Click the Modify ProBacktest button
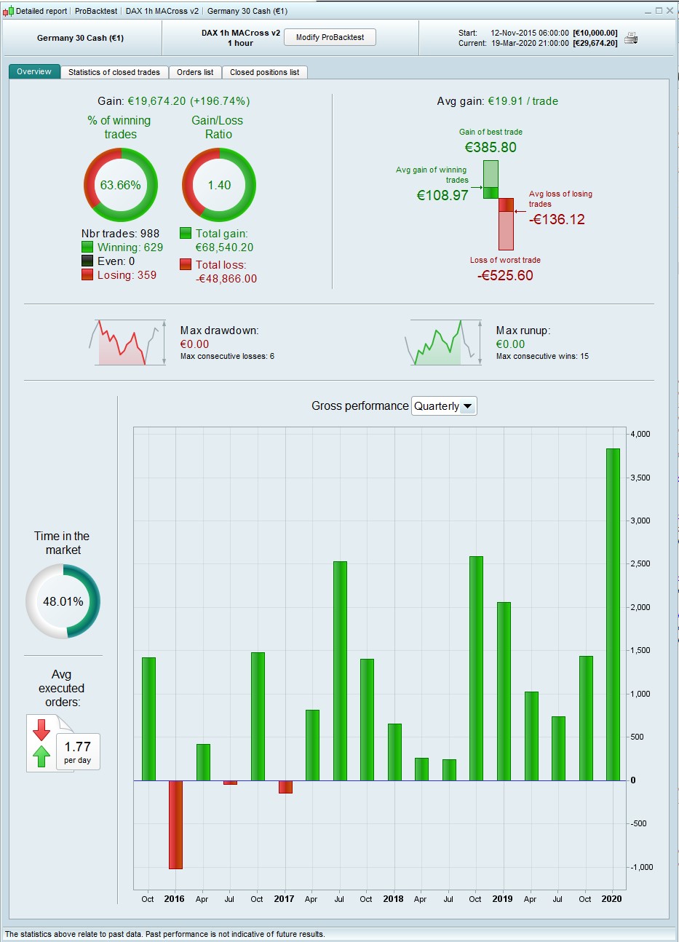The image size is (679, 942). tap(330, 37)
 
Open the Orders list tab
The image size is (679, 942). tap(195, 72)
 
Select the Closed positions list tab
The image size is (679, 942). tap(264, 72)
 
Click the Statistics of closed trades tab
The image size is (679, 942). tap(114, 72)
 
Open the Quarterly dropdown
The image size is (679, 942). tap(444, 406)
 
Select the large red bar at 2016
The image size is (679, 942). tap(175, 824)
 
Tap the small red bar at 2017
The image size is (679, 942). tap(285, 786)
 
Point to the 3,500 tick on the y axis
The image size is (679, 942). tap(641, 478)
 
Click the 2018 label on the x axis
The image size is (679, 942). tap(393, 899)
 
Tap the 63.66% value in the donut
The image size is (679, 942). tap(121, 185)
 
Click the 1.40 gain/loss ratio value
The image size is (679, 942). tap(219, 185)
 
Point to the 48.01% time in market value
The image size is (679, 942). tap(63, 601)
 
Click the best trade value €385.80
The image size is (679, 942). tap(491, 147)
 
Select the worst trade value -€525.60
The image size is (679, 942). tap(505, 275)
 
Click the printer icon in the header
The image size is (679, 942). tap(631, 39)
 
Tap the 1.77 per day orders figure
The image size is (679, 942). tap(77, 747)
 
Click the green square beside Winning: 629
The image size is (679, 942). tap(87, 248)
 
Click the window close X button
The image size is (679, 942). tap(670, 11)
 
